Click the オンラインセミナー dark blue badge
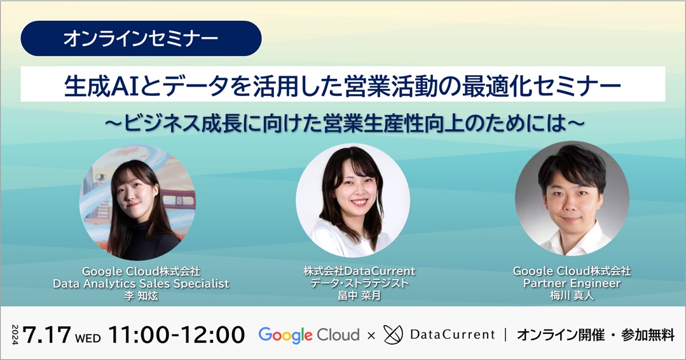pyautogui.click(x=141, y=39)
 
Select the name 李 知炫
pyautogui.click(x=141, y=296)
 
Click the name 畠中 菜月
pyautogui.click(x=359, y=296)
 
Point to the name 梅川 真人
pyautogui.click(x=572, y=296)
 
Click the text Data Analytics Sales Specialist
pyautogui.click(x=141, y=284)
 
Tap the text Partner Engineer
pyautogui.click(x=572, y=284)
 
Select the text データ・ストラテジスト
pyautogui.click(x=359, y=284)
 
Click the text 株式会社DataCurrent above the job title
pyautogui.click(x=359, y=271)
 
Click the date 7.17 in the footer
pyautogui.click(x=47, y=335)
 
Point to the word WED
pyautogui.click(x=88, y=338)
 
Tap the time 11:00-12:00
pyautogui.click(x=176, y=335)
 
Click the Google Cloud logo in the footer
pyautogui.click(x=309, y=335)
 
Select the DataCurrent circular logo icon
pyautogui.click(x=393, y=335)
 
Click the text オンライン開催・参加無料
pyautogui.click(x=596, y=335)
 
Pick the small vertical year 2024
pyautogui.click(x=15, y=335)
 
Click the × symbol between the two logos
pyautogui.click(x=371, y=336)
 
